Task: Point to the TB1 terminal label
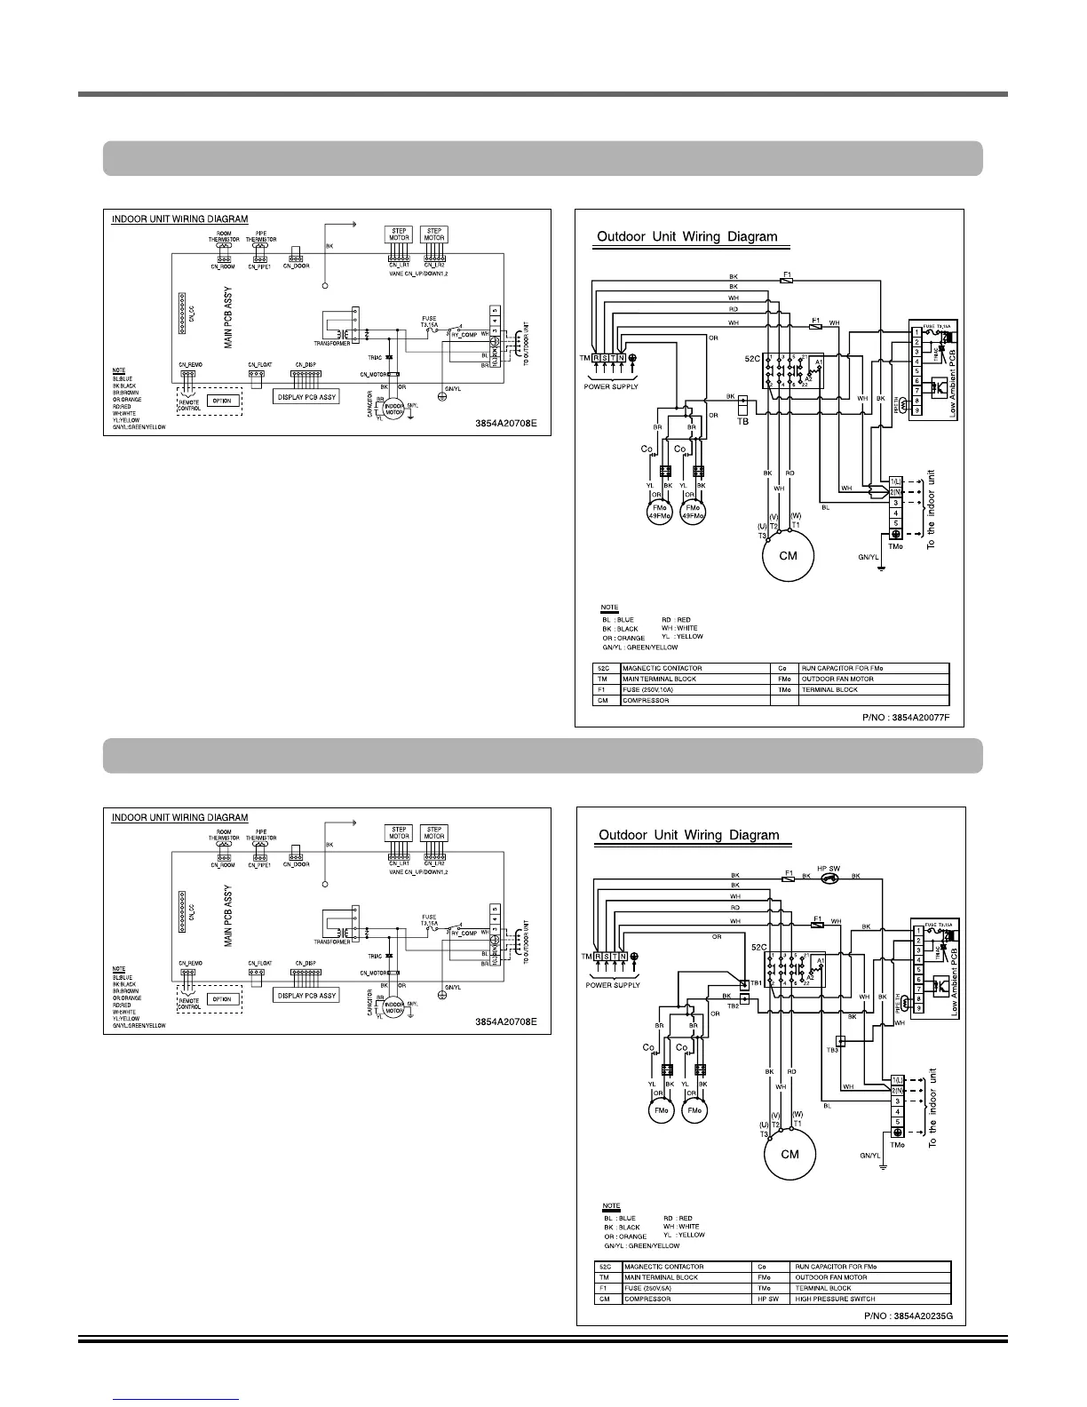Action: click(x=757, y=983)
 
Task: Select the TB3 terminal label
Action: click(x=832, y=1050)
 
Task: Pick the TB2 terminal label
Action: click(x=733, y=1006)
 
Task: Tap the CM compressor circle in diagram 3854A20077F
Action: click(x=788, y=556)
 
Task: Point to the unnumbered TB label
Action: click(x=744, y=422)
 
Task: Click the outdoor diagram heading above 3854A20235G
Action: click(x=688, y=835)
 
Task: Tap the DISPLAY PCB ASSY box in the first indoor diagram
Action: click(x=306, y=397)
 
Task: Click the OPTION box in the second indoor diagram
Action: click(x=222, y=999)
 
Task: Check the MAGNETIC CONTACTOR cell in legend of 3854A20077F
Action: click(x=663, y=668)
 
